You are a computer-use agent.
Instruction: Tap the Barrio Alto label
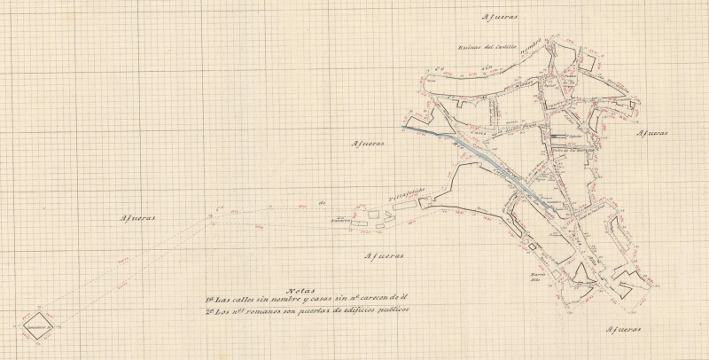(x=541, y=276)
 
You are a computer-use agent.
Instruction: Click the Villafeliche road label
(x=409, y=192)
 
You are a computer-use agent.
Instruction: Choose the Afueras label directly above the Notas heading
(x=384, y=255)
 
